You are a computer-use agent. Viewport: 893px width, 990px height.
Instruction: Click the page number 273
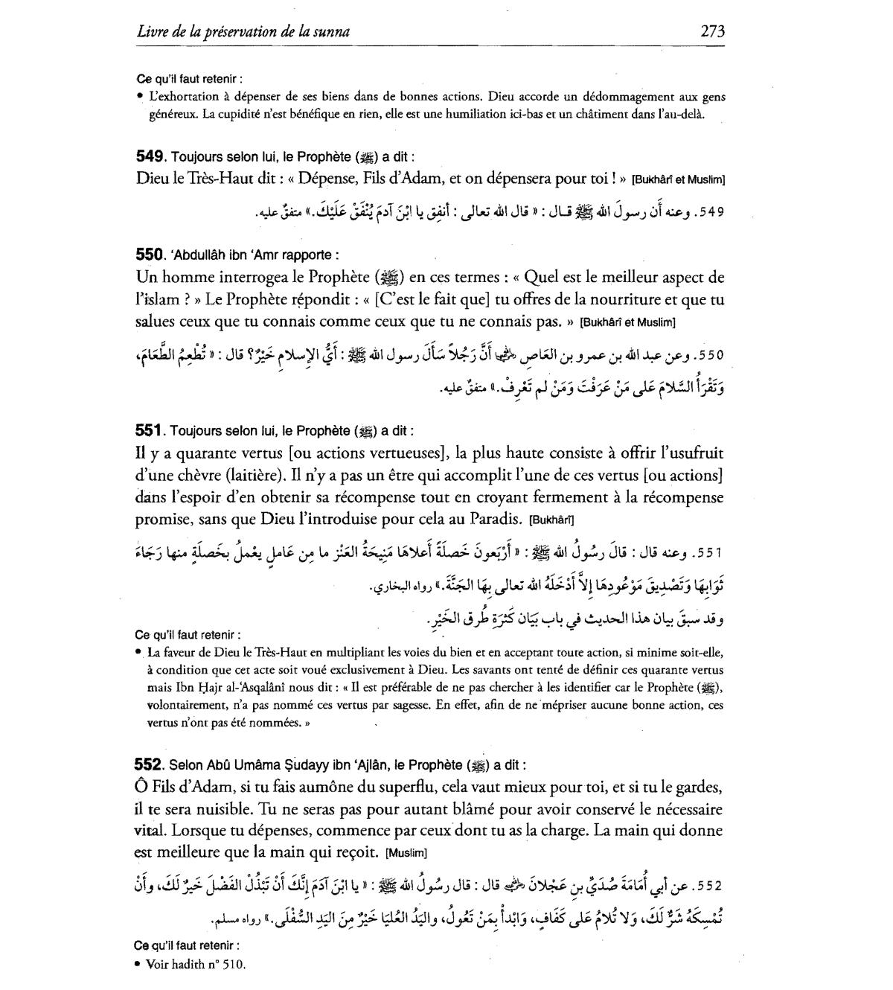click(x=712, y=31)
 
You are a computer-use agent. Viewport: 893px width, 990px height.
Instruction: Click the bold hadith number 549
click(x=150, y=157)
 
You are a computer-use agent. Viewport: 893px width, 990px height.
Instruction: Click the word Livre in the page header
click(x=153, y=32)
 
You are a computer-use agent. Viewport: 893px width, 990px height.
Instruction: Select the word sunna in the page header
click(x=333, y=32)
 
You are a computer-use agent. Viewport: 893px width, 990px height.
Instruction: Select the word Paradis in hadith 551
click(x=491, y=520)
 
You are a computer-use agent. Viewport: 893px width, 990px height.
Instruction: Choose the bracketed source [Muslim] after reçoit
click(x=407, y=853)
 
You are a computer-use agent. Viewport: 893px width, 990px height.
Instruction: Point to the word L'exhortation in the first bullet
click(x=184, y=97)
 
